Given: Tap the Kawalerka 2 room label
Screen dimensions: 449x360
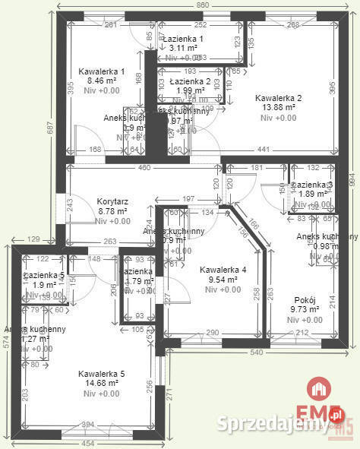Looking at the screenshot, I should tap(279, 98).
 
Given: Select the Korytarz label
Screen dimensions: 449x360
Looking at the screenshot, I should tap(112, 201).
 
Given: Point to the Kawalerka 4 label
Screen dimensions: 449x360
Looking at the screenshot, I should tap(223, 270).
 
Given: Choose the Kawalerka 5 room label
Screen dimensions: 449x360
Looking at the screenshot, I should tap(101, 373).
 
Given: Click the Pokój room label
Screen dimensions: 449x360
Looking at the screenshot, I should tap(302, 299).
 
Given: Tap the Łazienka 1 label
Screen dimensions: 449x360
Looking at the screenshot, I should tap(187, 38).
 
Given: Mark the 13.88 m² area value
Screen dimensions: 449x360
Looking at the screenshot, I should tap(279, 108).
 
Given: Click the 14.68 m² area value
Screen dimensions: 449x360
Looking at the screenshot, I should tap(101, 383).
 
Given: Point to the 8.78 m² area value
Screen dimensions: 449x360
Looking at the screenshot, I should tap(112, 211).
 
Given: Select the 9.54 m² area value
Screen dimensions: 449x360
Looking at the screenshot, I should tap(223, 280).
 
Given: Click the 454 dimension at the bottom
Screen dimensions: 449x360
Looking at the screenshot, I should tap(88, 443).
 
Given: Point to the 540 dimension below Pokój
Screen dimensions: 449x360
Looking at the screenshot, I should tap(257, 353).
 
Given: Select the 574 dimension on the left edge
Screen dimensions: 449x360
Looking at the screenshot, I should tap(5, 341).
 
